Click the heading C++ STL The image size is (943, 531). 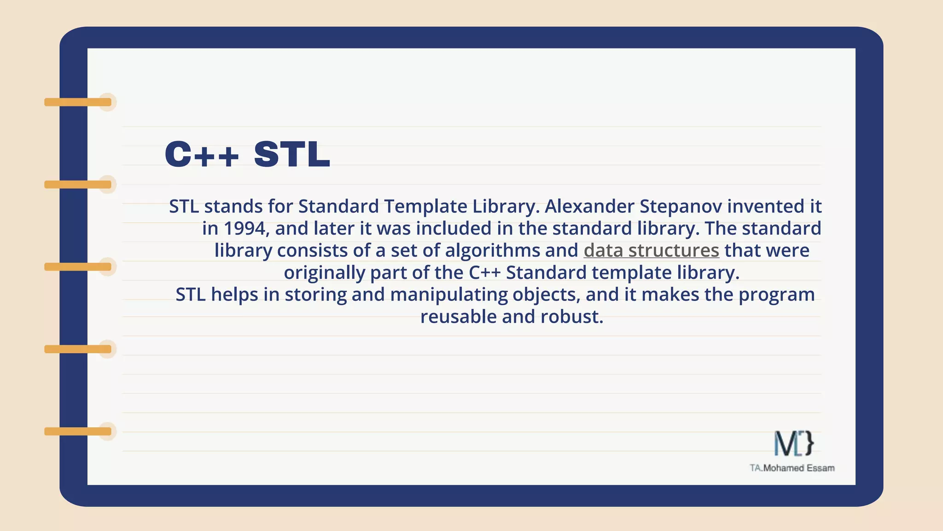(247, 154)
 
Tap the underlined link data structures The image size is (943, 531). (651, 250)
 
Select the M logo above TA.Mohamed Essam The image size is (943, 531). (793, 443)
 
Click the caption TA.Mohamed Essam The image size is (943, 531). (792, 468)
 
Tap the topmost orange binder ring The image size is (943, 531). (78, 102)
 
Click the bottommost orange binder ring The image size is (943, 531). (78, 431)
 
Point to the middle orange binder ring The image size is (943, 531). (78, 267)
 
